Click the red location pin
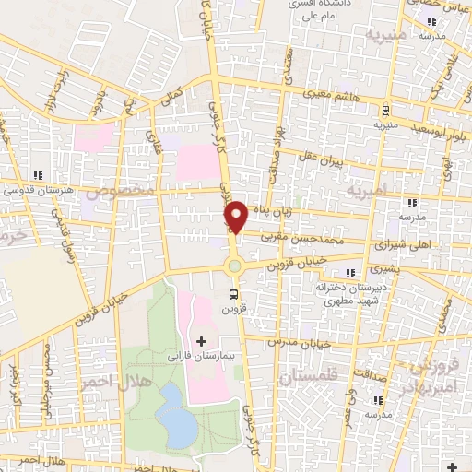[236, 215]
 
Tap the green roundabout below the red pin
[235, 266]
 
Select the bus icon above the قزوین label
[233, 295]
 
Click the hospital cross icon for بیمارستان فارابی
[202, 342]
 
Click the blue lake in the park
[173, 410]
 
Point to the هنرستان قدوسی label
[39, 190]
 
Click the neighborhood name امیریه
[368, 194]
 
